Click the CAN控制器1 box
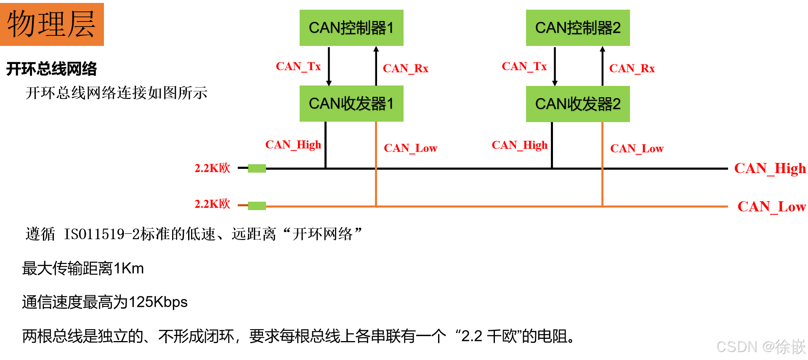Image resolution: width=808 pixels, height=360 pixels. [351, 28]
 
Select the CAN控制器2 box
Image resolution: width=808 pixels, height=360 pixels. [578, 28]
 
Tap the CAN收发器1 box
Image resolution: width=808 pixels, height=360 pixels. [351, 104]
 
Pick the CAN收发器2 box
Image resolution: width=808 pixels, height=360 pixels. [578, 104]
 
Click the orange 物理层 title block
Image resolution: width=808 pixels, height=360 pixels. [52, 24]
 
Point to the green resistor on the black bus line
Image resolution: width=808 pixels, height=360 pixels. [257, 168]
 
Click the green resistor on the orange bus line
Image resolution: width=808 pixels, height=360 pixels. [257, 206]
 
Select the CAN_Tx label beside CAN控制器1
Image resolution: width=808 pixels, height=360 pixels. [298, 67]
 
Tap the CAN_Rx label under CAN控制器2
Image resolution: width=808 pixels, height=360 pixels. [632, 69]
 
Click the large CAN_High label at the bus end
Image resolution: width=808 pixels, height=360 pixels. [770, 168]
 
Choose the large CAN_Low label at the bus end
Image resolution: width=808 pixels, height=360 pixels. [771, 207]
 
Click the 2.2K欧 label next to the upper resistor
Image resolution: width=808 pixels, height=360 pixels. [212, 168]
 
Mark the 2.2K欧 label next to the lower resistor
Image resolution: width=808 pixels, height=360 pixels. [212, 204]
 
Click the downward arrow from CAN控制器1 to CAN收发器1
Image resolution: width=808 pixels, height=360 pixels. [329, 66]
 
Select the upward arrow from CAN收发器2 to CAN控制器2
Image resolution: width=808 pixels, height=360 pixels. [602, 66]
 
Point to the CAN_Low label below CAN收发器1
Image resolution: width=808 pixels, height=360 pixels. [410, 148]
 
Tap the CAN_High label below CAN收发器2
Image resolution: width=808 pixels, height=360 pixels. [519, 145]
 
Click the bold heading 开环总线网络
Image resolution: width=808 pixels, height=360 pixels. [51, 69]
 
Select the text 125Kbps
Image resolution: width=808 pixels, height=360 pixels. [158, 302]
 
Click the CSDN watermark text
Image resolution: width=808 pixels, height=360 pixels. [760, 347]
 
